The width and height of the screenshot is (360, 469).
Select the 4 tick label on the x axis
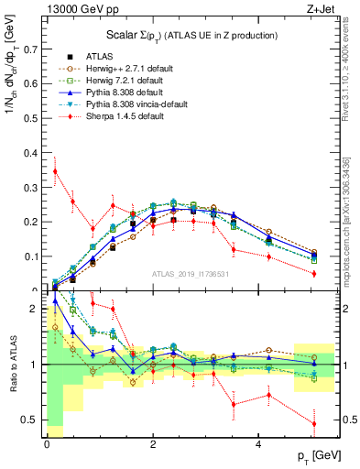[259, 444]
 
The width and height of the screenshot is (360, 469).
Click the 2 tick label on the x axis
[153, 444]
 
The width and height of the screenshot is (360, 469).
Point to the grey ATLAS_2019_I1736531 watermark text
[192, 273]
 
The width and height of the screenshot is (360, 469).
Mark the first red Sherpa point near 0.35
[55, 170]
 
